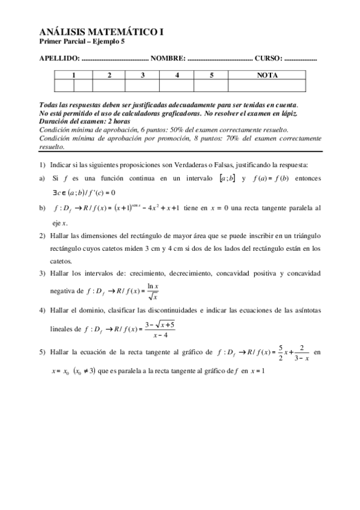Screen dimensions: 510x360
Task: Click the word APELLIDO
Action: pyautogui.click(x=59, y=58)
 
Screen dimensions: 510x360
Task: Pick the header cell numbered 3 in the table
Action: pyautogui.click(x=142, y=75)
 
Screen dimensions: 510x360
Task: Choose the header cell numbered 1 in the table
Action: pyautogui.click(x=73, y=75)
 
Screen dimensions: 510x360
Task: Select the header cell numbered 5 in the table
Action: pyautogui.click(x=212, y=75)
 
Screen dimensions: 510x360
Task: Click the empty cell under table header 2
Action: pyautogui.click(x=109, y=85)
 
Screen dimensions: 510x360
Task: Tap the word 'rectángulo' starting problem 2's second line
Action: pyautogui.click(x=69, y=248)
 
